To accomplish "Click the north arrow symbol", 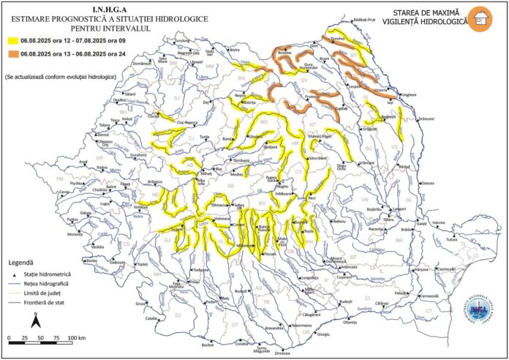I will pyautogui.click(x=34, y=320).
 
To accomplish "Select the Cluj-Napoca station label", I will pyautogui.click(x=186, y=122).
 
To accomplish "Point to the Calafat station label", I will pyautogui.click(x=151, y=318).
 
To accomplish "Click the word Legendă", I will pyautogui.click(x=21, y=261).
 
